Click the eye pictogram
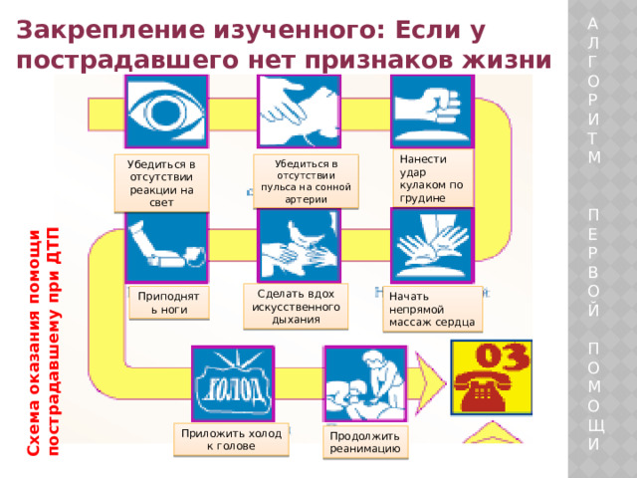click(x=166, y=112)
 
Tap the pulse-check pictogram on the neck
click(x=299, y=112)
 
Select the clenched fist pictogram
click(x=432, y=112)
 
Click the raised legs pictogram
click(x=166, y=248)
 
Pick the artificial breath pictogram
click(x=299, y=246)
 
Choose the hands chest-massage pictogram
click(x=432, y=246)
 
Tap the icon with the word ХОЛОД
click(x=233, y=383)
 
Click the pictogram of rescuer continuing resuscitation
click(x=365, y=383)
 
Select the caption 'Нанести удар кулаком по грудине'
click(x=431, y=178)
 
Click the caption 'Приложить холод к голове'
click(x=231, y=440)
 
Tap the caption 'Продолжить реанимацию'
click(x=365, y=442)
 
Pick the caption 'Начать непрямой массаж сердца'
click(x=432, y=310)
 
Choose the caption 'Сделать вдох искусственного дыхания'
click(x=296, y=307)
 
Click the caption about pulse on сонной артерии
click(x=306, y=181)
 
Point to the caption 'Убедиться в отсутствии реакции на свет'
click(x=161, y=183)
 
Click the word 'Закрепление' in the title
click(x=110, y=31)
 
